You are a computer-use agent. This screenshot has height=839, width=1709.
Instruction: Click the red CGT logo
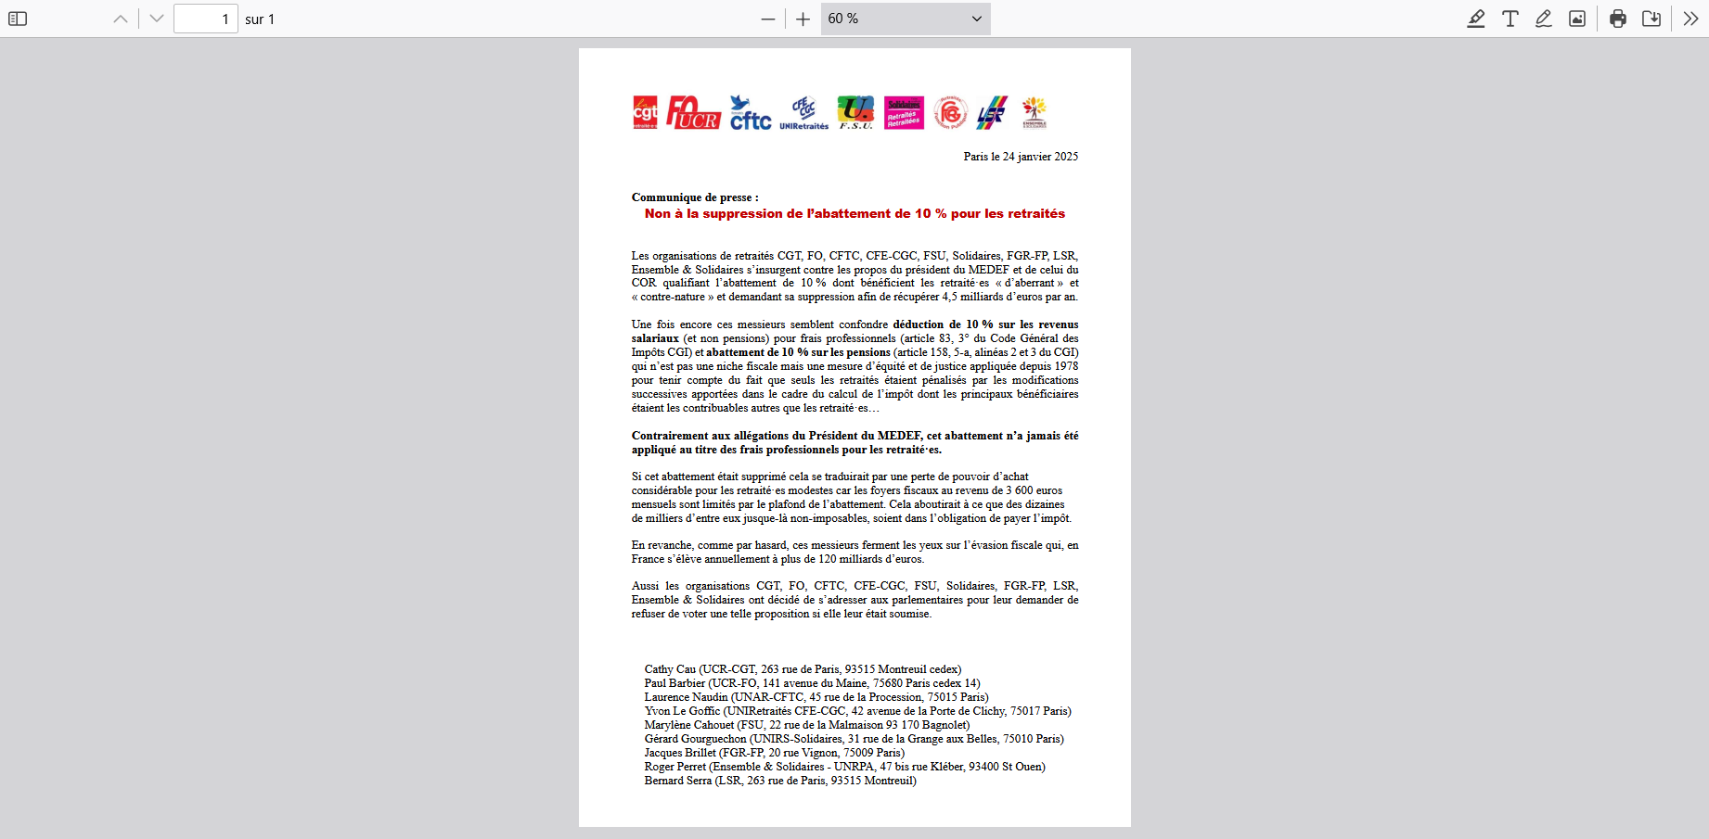coord(645,112)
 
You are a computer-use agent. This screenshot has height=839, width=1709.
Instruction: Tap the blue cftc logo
coord(750,113)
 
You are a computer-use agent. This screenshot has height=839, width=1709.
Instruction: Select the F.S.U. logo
coord(855,112)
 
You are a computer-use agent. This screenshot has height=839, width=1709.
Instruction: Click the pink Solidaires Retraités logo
coord(904,112)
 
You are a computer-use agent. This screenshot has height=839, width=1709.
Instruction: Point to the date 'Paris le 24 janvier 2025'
coord(1021,157)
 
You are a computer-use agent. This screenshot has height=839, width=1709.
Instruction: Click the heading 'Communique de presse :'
coord(695,197)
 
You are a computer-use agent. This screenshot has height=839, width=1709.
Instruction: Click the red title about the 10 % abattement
coord(854,214)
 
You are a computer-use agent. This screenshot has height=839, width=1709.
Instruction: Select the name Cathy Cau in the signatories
coord(670,669)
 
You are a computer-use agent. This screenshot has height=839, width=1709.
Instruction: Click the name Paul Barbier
coord(675,683)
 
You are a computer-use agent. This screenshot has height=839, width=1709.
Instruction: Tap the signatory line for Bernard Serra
coord(779,781)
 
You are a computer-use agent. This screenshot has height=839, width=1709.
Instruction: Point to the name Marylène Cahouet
coord(688,725)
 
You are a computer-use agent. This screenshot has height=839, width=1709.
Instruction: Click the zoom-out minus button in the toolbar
coord(767,19)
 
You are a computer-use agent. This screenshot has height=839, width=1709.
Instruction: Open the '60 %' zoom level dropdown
coord(905,19)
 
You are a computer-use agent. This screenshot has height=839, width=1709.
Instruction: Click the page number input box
coord(205,19)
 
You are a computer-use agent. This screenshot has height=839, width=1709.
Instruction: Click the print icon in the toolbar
coord(1618,19)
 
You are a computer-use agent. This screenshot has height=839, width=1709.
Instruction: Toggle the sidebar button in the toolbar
coord(18,19)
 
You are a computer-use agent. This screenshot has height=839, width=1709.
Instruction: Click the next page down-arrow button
coord(157,19)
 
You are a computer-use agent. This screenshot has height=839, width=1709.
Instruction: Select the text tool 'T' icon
coord(1510,19)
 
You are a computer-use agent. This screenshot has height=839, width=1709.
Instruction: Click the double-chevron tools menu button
coord(1690,19)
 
